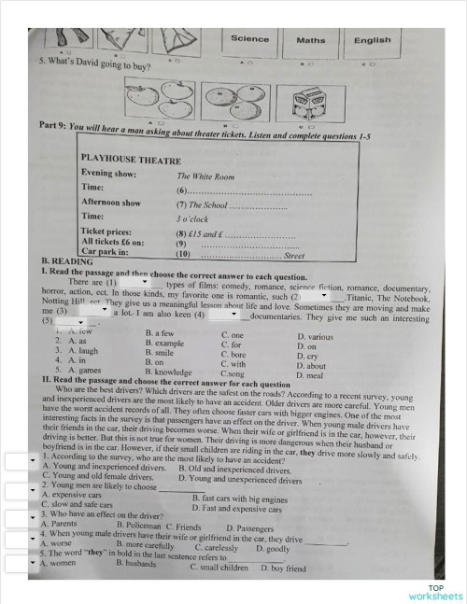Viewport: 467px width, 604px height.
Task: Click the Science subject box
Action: pyautogui.click(x=249, y=39)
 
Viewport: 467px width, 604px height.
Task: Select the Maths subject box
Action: pyautogui.click(x=311, y=40)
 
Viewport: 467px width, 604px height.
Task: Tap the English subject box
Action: pyautogui.click(x=372, y=40)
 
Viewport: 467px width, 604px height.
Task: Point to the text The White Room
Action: pyautogui.click(x=205, y=176)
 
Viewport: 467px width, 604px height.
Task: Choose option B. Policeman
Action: pyautogui.click(x=139, y=527)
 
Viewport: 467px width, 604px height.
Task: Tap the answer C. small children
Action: pyautogui.click(x=219, y=567)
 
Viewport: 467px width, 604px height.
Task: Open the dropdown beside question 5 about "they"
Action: pyautogui.click(x=19, y=562)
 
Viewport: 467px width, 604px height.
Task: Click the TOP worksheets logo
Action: pyautogui.click(x=435, y=591)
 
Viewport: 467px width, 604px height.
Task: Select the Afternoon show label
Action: pyautogui.click(x=111, y=203)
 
